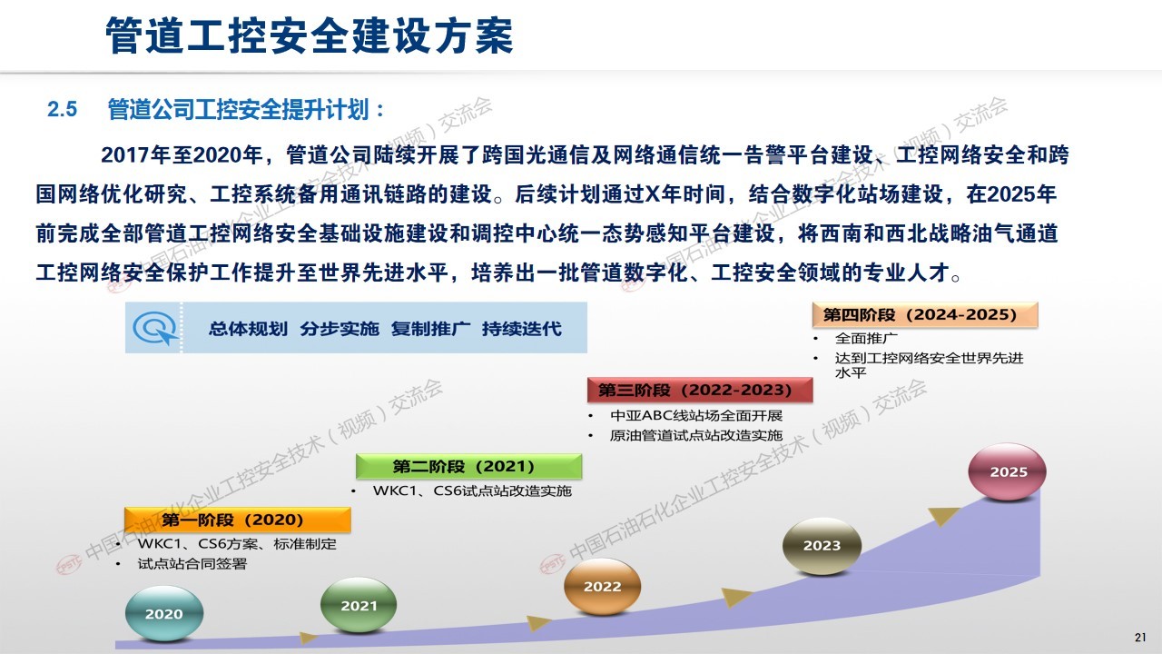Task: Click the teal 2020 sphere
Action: click(164, 613)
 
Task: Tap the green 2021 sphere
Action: click(359, 605)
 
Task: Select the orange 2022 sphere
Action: click(602, 586)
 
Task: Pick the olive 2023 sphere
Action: click(822, 546)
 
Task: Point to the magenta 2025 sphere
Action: click(1008, 471)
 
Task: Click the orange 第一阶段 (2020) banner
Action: click(238, 520)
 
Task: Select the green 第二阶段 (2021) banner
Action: click(469, 466)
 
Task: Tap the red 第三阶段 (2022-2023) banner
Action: click(700, 390)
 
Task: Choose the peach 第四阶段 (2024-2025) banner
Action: click(925, 314)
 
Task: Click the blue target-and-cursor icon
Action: click(154, 328)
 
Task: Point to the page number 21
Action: click(1140, 638)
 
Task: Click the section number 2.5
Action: click(63, 110)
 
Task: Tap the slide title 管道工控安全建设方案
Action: click(310, 35)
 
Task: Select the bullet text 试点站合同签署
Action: click(192, 564)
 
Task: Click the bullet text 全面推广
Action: click(866, 339)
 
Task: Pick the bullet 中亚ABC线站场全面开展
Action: click(696, 416)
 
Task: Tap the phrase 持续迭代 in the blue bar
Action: click(521, 329)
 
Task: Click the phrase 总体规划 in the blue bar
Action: click(248, 329)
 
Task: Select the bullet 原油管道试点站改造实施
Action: click(696, 435)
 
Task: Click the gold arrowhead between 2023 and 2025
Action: click(942, 515)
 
